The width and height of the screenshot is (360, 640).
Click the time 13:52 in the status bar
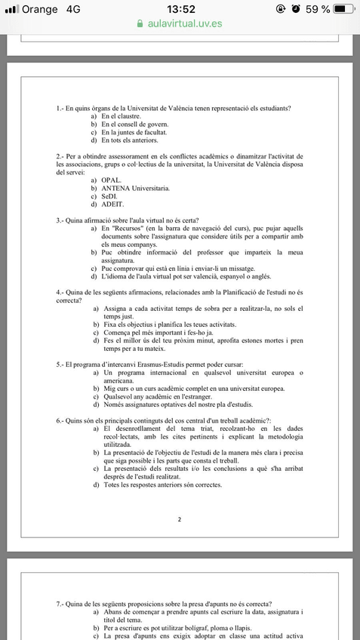point(180,9)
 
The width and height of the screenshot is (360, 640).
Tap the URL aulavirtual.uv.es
point(185,23)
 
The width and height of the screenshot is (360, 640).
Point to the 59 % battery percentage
point(316,9)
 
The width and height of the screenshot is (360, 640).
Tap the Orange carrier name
point(41,9)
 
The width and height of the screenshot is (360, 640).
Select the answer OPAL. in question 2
point(111,180)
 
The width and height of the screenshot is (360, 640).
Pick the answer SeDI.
point(109,196)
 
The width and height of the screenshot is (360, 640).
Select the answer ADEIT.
point(112,204)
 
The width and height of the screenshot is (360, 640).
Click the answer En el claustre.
point(121,117)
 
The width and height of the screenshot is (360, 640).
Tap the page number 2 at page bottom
point(179,519)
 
